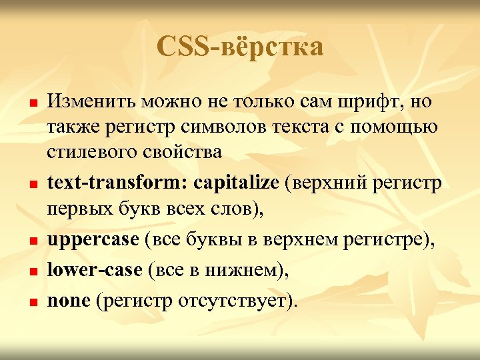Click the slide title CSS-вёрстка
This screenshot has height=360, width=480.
click(241, 47)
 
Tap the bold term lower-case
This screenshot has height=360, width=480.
click(94, 269)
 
